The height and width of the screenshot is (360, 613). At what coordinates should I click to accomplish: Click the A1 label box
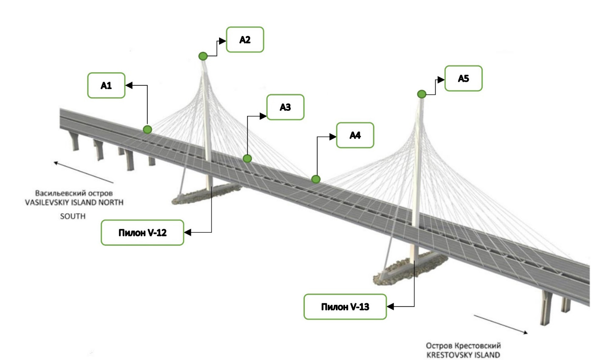(x=106, y=85)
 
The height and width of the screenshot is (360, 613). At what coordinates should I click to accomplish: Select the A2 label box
(x=245, y=39)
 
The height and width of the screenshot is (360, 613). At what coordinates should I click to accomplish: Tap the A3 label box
(x=285, y=107)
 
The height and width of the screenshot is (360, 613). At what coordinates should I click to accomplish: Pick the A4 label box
(x=355, y=135)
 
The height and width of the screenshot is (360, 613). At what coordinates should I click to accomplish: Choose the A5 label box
(x=463, y=78)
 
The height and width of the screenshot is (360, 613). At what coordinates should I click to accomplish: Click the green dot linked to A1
(x=147, y=129)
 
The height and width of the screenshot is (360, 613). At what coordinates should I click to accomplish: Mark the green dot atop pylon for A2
(x=203, y=56)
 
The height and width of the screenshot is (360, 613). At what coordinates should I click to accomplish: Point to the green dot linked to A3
(x=247, y=158)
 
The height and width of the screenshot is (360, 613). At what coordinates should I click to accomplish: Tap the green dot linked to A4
(x=315, y=179)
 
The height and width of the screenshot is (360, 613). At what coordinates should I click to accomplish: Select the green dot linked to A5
(x=422, y=94)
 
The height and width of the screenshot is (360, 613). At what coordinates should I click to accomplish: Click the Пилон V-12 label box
(x=142, y=233)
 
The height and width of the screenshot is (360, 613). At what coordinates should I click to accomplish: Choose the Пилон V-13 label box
(x=345, y=307)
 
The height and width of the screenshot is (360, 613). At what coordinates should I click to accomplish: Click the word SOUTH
(x=73, y=216)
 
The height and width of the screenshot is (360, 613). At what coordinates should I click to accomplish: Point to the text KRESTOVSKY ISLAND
(x=463, y=355)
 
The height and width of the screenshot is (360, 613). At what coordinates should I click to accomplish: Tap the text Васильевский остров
(x=74, y=193)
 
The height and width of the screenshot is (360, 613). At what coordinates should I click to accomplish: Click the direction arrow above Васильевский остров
(x=83, y=172)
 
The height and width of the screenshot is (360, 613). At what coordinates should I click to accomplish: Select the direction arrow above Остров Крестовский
(x=501, y=325)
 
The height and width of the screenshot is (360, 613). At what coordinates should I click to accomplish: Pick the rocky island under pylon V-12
(x=200, y=195)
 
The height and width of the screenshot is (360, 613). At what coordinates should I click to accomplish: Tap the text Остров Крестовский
(x=463, y=346)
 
